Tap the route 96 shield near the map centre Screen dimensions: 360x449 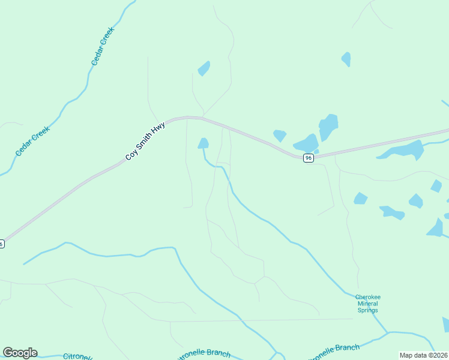(x=308, y=158)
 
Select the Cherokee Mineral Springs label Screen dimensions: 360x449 (x=368, y=304)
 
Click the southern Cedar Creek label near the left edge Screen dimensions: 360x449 (x=32, y=142)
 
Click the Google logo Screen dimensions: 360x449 (x=20, y=353)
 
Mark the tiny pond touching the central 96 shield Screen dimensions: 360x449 (x=316, y=152)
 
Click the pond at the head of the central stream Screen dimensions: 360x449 (x=203, y=143)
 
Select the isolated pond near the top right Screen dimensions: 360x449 (x=346, y=59)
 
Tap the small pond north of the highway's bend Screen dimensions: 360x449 (x=204, y=68)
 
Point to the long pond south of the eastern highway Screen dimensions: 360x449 (x=401, y=149)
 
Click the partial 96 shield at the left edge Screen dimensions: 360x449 (x=2, y=244)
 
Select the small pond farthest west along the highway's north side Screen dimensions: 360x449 (x=280, y=136)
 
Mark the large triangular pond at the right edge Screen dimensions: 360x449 (x=436, y=228)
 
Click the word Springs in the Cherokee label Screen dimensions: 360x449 (x=368, y=310)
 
